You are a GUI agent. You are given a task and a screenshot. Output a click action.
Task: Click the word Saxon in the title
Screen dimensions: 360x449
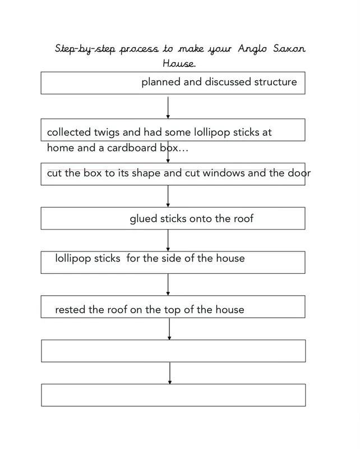point(289,48)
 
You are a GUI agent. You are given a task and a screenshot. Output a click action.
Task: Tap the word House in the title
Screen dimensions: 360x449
point(179,63)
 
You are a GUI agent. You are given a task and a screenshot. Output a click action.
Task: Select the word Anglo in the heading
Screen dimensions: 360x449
point(252,49)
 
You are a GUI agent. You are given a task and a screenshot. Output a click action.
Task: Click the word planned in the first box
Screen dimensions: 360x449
point(161,82)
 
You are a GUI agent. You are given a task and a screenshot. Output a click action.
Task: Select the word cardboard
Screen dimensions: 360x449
point(132,148)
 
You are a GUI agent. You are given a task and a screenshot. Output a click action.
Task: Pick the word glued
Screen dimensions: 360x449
point(144,219)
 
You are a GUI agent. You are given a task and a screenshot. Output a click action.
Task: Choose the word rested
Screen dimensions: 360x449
point(71,310)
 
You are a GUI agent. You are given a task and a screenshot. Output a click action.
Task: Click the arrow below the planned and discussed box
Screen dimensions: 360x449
point(168,107)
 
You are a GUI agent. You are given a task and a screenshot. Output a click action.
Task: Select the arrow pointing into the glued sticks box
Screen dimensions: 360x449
point(168,196)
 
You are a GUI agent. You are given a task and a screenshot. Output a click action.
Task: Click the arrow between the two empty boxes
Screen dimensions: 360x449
point(170,373)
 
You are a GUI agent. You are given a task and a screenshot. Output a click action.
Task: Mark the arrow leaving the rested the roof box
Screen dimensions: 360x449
point(169,329)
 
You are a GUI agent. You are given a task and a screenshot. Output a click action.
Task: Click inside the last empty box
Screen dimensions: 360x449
point(173,395)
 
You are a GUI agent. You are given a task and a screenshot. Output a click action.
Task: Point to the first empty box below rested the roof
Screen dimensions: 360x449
point(173,351)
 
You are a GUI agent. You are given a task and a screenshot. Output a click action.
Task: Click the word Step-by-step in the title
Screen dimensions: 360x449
point(85,49)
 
